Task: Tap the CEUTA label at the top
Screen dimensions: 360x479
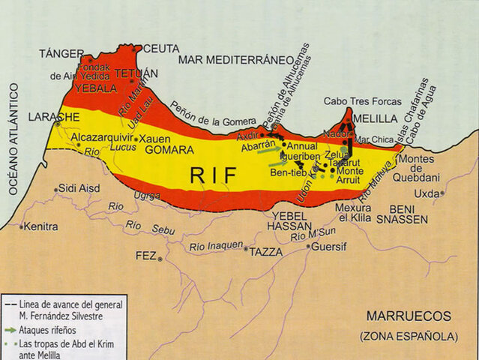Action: (161, 48)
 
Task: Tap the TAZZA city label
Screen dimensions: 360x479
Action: (266, 252)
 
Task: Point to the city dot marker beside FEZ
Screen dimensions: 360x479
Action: (160, 259)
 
